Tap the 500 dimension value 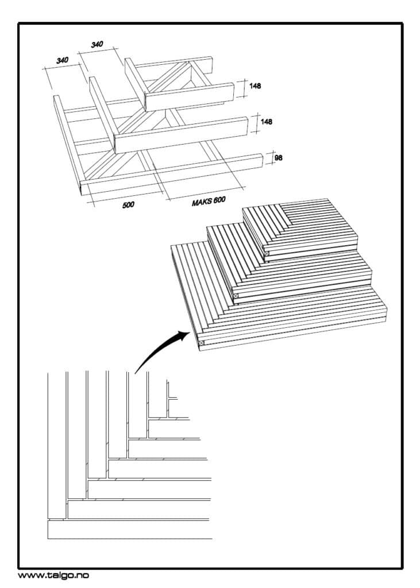click(x=129, y=204)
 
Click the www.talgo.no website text click(x=53, y=575)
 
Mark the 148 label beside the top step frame click(x=255, y=86)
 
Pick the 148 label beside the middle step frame click(x=266, y=122)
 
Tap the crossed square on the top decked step click(x=267, y=253)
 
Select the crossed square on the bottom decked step click(x=201, y=343)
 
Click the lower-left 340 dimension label click(x=63, y=59)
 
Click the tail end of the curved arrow click(x=136, y=373)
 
